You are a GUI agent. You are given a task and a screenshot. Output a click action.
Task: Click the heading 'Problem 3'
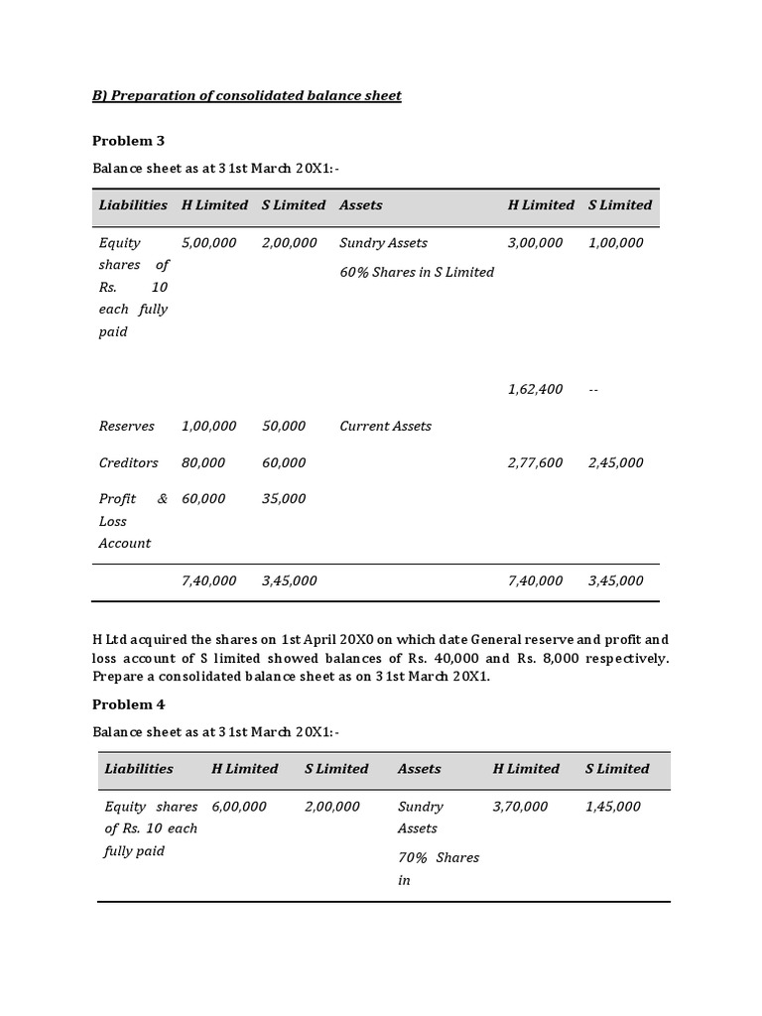coord(128,140)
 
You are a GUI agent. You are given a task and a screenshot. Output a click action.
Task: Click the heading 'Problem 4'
coord(128,704)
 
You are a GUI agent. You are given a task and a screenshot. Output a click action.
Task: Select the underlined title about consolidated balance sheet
coord(247,95)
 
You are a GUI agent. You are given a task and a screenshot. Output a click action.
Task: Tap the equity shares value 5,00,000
coord(208,242)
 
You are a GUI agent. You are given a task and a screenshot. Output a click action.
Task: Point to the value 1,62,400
coord(535,389)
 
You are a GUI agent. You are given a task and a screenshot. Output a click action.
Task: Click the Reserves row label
coord(126,426)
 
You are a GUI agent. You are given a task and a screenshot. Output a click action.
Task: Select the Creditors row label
coord(128,462)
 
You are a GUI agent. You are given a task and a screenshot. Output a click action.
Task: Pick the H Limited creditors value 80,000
coord(202,462)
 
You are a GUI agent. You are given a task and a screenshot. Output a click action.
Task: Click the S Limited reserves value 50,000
coord(284,426)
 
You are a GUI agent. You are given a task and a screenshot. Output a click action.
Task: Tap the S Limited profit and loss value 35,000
coord(284,499)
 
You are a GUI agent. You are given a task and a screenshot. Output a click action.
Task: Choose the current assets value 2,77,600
coord(535,462)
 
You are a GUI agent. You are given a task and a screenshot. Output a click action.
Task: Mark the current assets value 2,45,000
coord(615,462)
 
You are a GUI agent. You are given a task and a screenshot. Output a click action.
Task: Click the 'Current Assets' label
coord(385,426)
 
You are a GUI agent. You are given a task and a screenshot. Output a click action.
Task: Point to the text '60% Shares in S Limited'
coord(416,272)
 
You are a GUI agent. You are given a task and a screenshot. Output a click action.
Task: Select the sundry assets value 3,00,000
coord(535,242)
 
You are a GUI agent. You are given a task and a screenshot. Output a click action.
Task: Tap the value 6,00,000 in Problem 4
coord(238,806)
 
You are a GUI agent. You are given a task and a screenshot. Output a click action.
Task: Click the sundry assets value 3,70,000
coord(519,806)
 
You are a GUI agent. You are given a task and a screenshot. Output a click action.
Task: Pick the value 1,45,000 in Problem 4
coord(612,806)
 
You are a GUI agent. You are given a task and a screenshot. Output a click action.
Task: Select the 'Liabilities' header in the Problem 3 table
coord(133,204)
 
